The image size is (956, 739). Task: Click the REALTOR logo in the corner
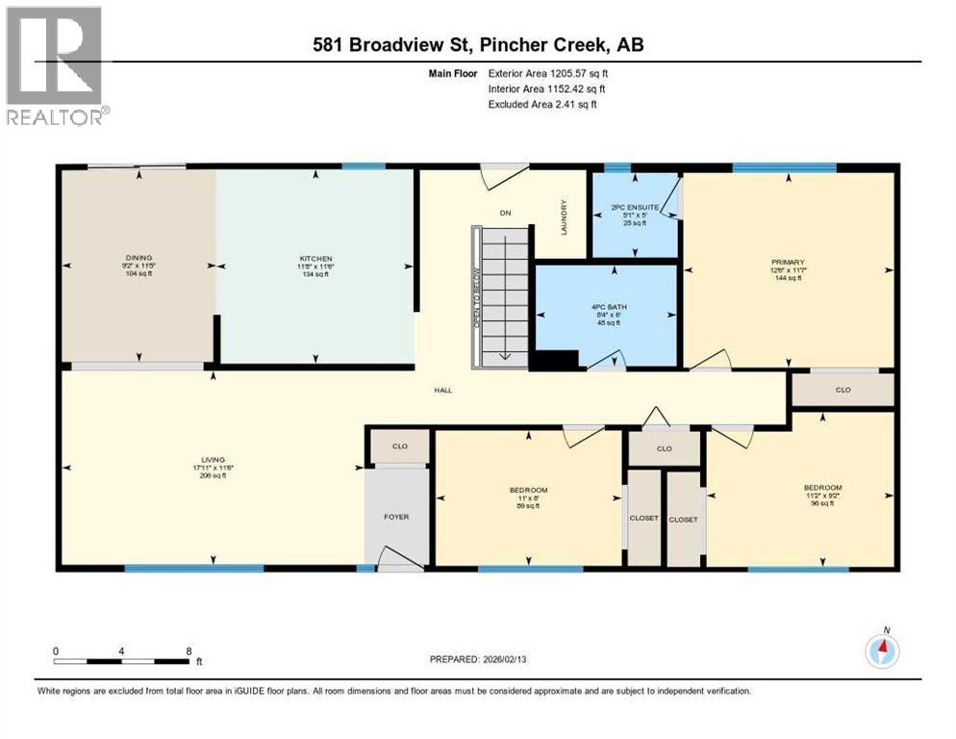pos(55,64)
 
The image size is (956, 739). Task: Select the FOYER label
pos(395,517)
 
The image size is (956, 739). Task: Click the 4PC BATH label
pos(606,307)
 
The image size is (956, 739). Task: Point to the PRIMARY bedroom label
pos(786,262)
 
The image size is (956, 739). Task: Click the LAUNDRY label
pos(566,217)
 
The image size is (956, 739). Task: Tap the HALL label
pos(442,390)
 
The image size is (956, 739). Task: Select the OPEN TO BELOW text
pos(475,298)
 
